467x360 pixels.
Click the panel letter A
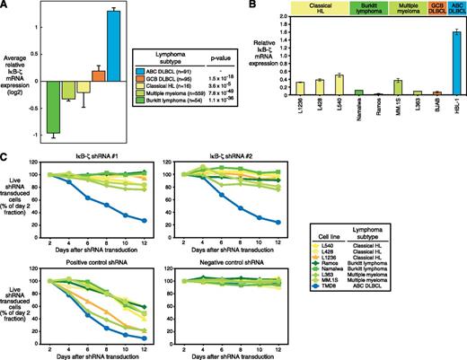[5, 6]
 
